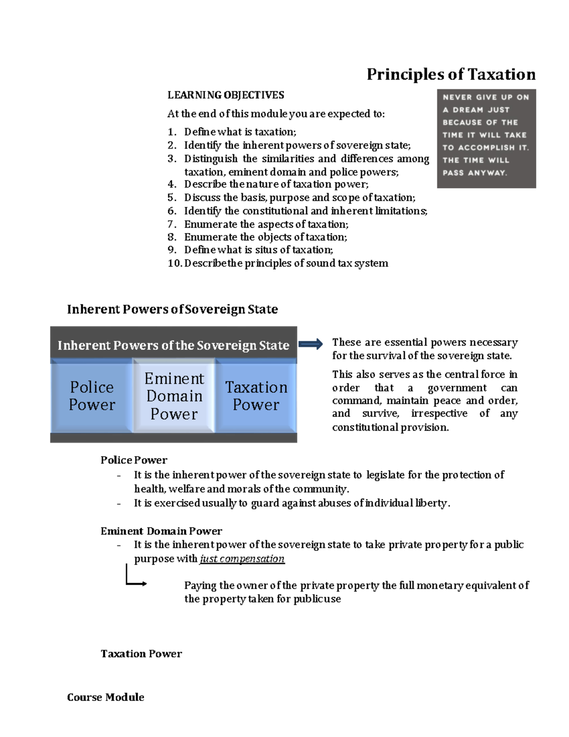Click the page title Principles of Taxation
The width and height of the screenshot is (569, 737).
click(x=451, y=75)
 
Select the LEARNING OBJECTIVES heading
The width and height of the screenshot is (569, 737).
click(x=226, y=95)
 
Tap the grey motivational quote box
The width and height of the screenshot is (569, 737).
click(x=486, y=139)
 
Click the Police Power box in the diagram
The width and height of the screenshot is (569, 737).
click(x=92, y=396)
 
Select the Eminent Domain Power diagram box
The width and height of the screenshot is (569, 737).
click(x=174, y=396)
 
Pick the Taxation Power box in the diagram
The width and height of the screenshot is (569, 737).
click(x=256, y=396)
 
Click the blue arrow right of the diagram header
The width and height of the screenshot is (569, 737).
click(x=311, y=345)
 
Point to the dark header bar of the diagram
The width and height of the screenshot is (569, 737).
click(x=173, y=345)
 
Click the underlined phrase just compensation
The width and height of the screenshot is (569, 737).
click(x=242, y=559)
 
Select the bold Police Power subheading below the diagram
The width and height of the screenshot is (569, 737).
click(x=134, y=460)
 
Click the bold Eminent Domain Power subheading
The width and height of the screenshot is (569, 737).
click(x=161, y=531)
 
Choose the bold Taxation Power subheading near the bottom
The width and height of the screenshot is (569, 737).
click(x=141, y=653)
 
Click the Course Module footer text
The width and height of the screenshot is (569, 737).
click(x=106, y=697)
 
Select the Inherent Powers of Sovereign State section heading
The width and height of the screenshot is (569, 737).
click(x=172, y=309)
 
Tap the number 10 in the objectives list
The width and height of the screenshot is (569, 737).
click(x=174, y=263)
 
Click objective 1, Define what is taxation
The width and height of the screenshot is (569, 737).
click(x=240, y=132)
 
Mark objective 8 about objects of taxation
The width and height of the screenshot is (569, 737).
click(x=266, y=237)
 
